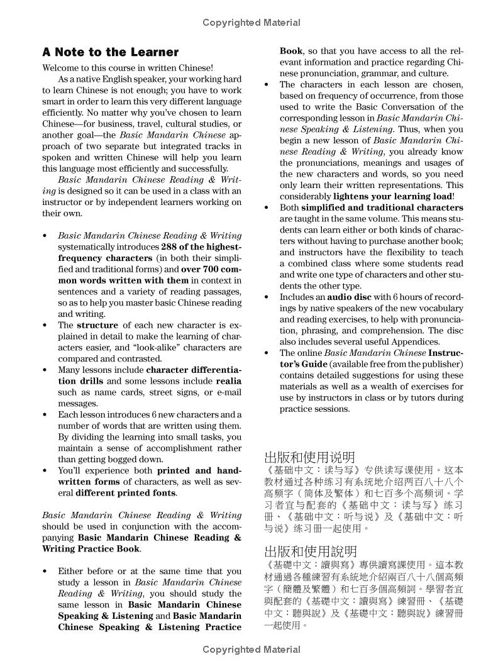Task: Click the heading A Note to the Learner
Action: pos(110,52)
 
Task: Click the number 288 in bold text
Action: pos(170,247)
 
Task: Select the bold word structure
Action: pos(97,325)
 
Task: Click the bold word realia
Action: pos(228,381)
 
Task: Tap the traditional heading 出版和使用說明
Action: pos(310,552)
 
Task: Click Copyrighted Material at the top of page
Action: pos(251,23)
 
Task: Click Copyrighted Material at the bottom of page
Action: pos(251,650)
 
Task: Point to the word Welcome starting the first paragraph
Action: pos(60,68)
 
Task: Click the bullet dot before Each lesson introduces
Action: pos(45,415)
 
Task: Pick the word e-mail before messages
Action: pos(229,392)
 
